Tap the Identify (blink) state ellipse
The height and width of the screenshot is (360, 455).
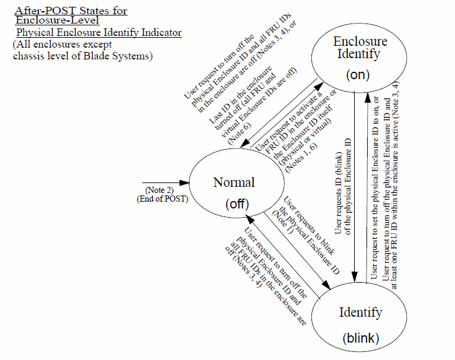[x=360, y=322]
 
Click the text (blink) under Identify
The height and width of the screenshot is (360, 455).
[x=360, y=338]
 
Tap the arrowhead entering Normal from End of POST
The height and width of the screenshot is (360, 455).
[x=185, y=184]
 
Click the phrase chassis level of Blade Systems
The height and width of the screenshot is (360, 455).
[x=82, y=56]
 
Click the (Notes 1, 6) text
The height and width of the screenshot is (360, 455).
[x=291, y=152]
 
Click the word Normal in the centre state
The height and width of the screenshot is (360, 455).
[x=234, y=182]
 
